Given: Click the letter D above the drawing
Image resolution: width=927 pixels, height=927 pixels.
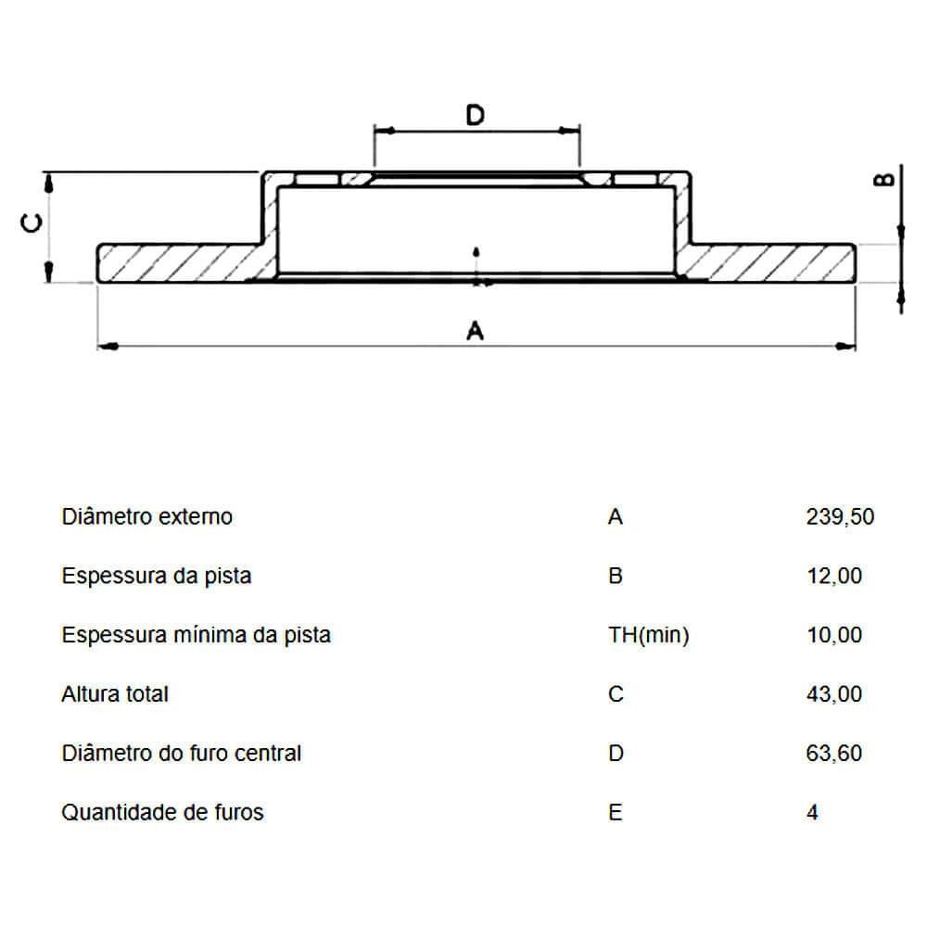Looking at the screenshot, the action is pyautogui.click(x=476, y=115).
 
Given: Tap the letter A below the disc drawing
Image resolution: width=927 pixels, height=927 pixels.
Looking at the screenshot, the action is pyautogui.click(x=476, y=331).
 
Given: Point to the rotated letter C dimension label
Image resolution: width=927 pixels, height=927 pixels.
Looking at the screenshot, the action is pyautogui.click(x=32, y=223).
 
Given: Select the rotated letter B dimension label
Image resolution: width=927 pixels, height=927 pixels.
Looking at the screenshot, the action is pyautogui.click(x=884, y=180).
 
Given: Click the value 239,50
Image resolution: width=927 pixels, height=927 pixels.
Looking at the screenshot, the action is pyautogui.click(x=840, y=516).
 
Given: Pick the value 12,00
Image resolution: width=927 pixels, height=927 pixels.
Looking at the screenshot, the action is pyautogui.click(x=834, y=576).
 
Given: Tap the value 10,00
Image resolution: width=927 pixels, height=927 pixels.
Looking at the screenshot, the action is pyautogui.click(x=834, y=635).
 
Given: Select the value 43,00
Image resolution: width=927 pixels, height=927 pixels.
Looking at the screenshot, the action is pyautogui.click(x=834, y=694).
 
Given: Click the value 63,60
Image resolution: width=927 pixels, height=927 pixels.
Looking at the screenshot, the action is pyautogui.click(x=834, y=753).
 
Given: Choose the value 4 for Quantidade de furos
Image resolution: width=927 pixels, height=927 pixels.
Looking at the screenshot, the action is pyautogui.click(x=812, y=812).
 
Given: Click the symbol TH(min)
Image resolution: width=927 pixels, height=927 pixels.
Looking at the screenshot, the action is pyautogui.click(x=649, y=636).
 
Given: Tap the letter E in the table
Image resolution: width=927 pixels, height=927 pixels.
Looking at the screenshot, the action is pyautogui.click(x=615, y=812).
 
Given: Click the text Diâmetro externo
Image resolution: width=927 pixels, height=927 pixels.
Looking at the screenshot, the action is pyautogui.click(x=147, y=516).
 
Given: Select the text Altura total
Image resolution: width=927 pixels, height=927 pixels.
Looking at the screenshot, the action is pyautogui.click(x=115, y=694).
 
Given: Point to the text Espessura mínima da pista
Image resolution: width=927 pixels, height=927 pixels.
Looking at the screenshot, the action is pyautogui.click(x=197, y=636).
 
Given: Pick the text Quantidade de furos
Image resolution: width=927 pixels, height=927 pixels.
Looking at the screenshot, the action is pyautogui.click(x=162, y=812).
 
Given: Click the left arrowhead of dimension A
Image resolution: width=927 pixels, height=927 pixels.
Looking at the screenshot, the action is pyautogui.click(x=108, y=346).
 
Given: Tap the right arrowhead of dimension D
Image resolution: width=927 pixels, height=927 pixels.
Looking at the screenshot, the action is pyautogui.click(x=570, y=130).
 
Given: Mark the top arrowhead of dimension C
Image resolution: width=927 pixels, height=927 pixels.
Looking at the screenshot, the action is pyautogui.click(x=49, y=183).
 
